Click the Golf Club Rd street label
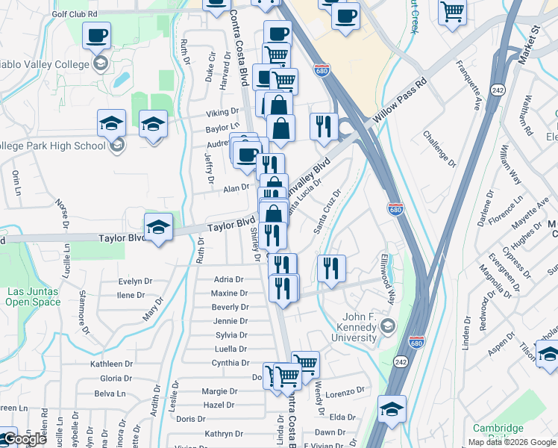pyautogui.click(x=75, y=14)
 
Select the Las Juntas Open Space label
pyautogui.click(x=27, y=296)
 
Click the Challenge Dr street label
pyautogui.click(x=439, y=148)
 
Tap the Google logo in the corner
pyautogui.click(x=24, y=439)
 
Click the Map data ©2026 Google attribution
pyautogui.click(x=512, y=441)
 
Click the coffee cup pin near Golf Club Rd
pyautogui.click(x=98, y=35)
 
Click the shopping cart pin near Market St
pyautogui.click(x=452, y=12)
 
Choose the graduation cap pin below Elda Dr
pyautogui.click(x=392, y=408)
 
